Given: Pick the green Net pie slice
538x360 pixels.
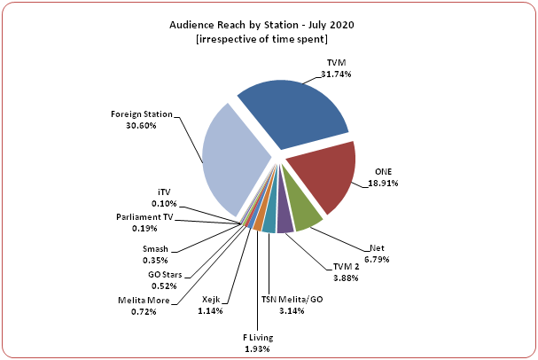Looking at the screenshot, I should click(302, 218).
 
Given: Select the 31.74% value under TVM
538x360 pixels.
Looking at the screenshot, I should click(337, 74).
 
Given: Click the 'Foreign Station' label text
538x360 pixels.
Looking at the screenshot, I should click(141, 115).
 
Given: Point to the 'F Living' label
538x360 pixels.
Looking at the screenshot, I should click(258, 338).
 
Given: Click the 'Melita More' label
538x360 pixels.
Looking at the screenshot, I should click(144, 301).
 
